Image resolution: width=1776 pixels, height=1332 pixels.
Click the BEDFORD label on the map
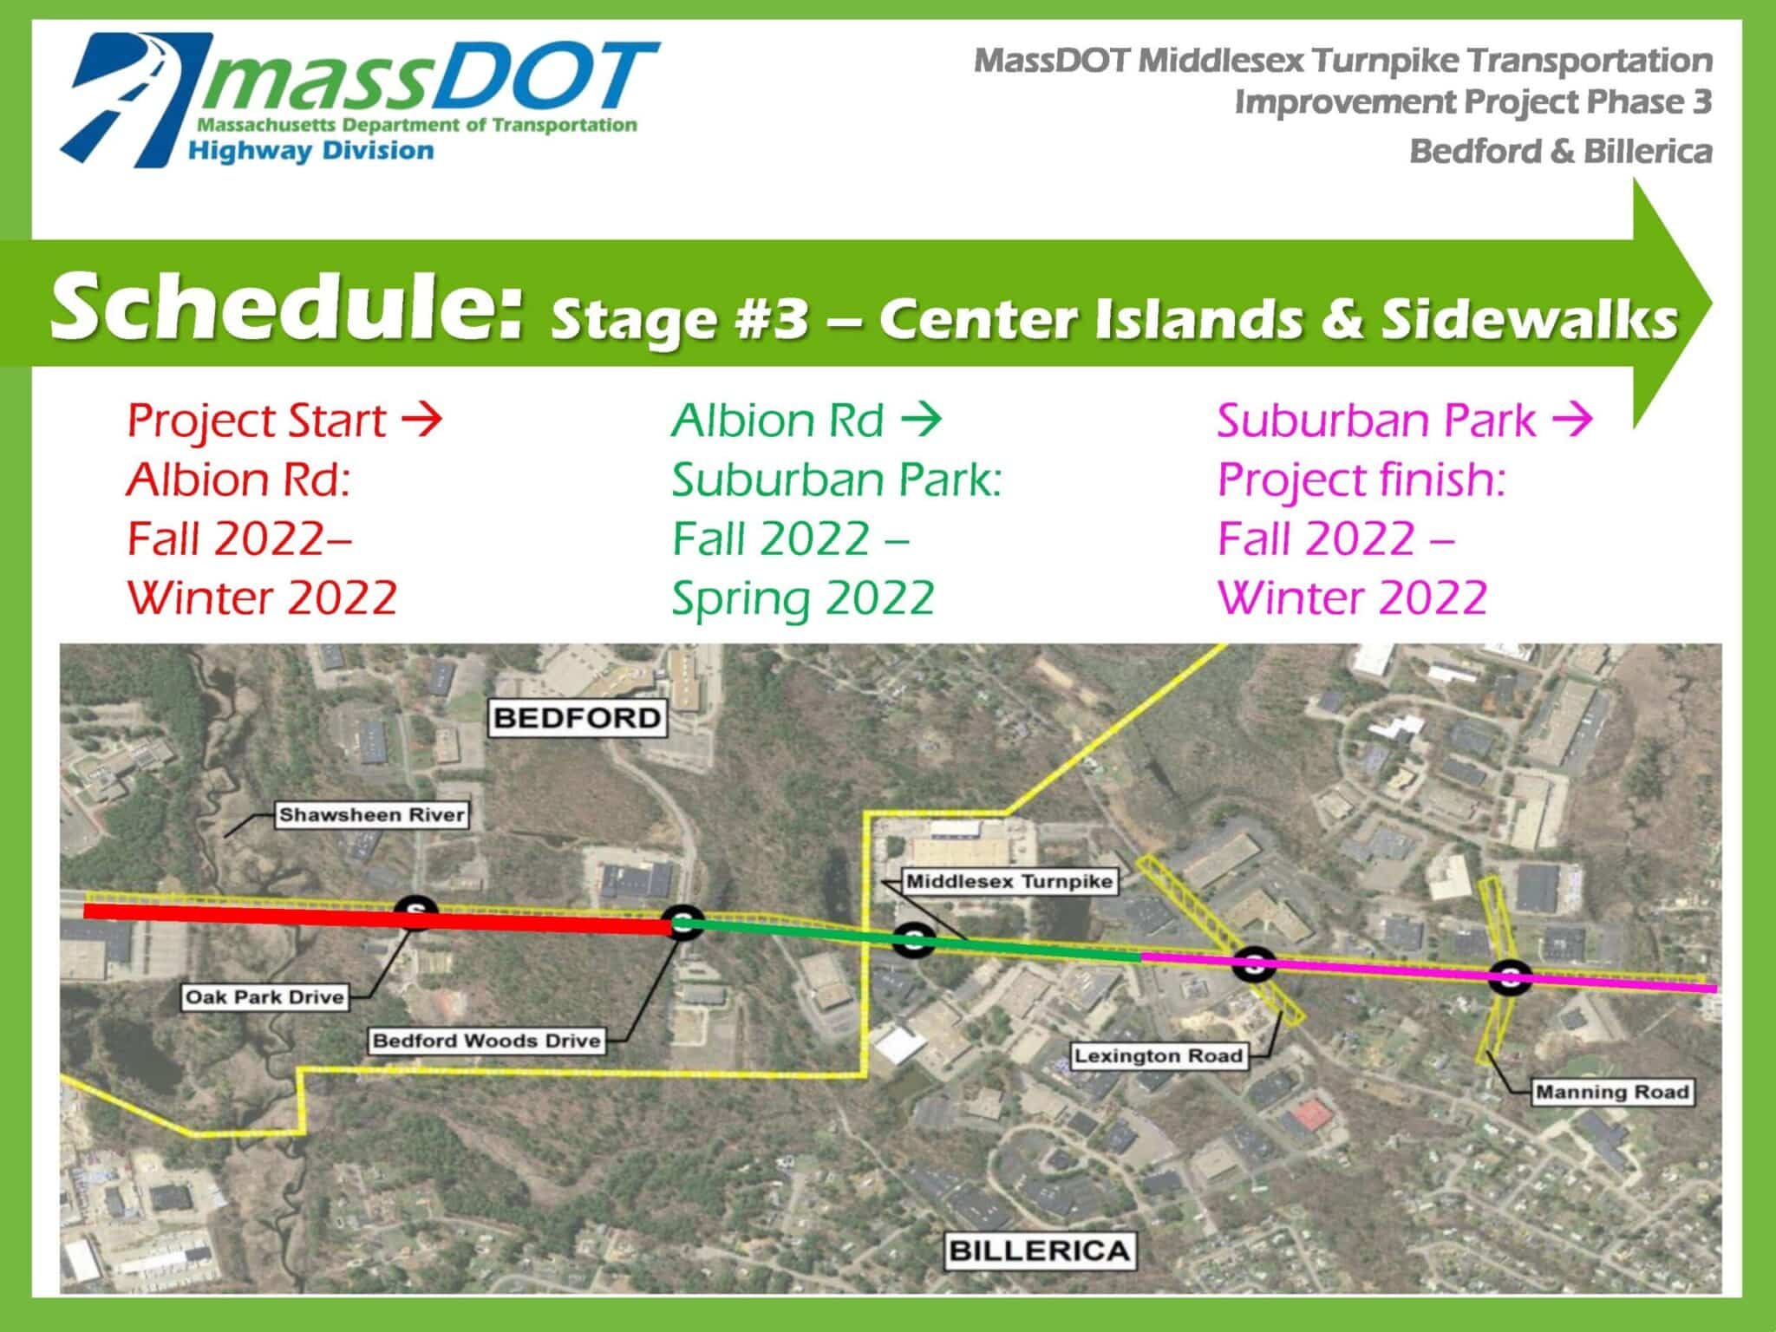[x=578, y=718]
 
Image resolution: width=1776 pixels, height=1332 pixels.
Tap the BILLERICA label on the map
[x=1039, y=1250]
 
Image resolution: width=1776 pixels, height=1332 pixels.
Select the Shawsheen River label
[x=372, y=815]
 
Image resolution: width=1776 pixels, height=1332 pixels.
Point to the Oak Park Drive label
[x=264, y=997]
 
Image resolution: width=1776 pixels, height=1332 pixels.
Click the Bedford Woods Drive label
[x=486, y=1041]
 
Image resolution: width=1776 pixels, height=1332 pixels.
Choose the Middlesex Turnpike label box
[x=1009, y=882]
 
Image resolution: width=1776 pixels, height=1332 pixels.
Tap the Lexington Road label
[x=1159, y=1056]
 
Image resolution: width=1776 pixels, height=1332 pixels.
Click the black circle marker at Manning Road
[x=1510, y=978]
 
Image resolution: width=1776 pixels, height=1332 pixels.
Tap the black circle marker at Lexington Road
[x=1254, y=963]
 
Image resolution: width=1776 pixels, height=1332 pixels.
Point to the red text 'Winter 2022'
[x=263, y=597]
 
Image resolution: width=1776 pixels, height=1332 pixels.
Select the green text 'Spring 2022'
[x=804, y=599]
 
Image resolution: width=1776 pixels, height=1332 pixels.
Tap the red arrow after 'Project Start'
[x=422, y=421]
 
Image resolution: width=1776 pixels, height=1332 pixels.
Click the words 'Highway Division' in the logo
[x=310, y=151]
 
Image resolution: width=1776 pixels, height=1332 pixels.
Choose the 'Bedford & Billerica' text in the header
[x=1561, y=152]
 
